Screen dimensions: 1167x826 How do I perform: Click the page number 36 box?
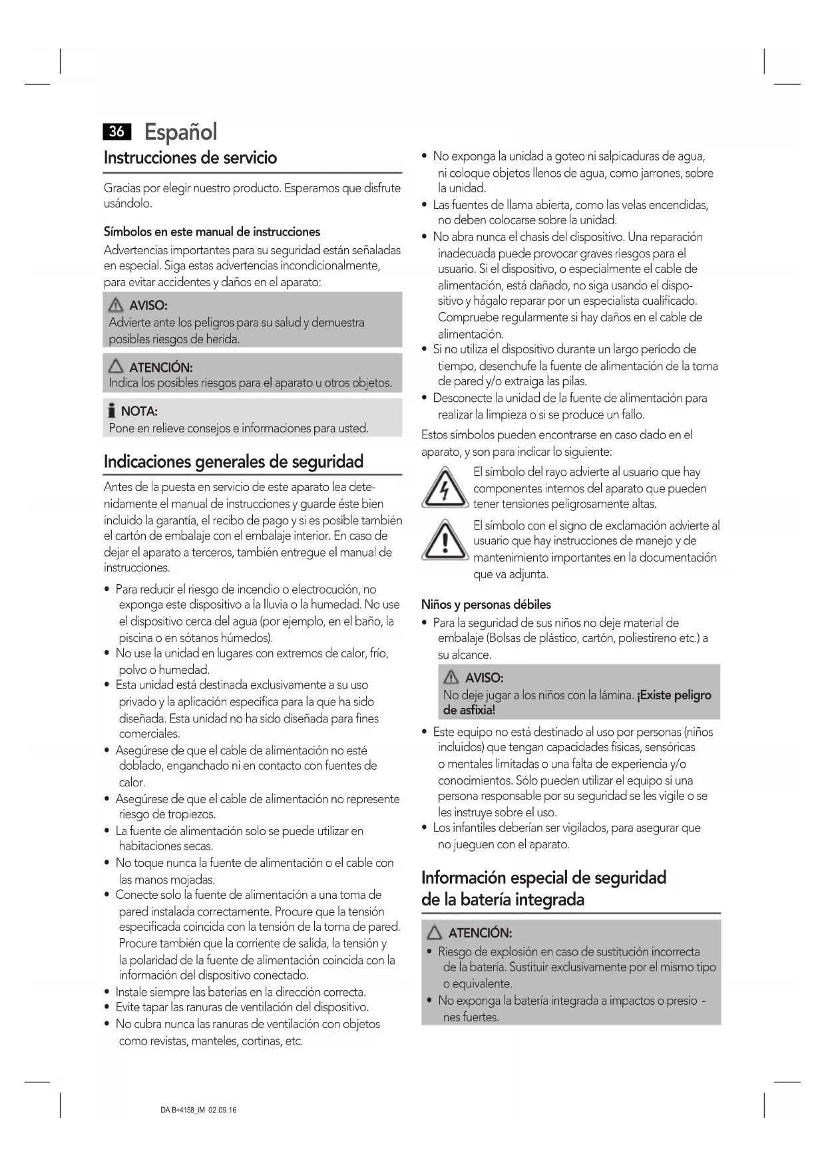[116, 132]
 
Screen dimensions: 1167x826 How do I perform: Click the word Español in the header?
[180, 132]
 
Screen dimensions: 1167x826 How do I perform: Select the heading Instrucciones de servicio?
[190, 158]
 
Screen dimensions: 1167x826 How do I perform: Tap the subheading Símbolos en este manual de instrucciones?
[212, 232]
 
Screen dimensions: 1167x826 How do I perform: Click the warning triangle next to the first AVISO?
[116, 305]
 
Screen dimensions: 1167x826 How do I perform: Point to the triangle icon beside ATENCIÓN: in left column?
[116, 367]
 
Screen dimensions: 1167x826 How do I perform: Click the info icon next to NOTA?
[112, 411]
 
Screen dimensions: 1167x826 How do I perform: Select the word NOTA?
[139, 411]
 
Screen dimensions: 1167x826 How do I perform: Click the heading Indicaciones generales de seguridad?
[234, 462]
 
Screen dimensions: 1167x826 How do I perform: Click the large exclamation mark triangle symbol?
[444, 541]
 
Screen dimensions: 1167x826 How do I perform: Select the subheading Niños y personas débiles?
[486, 605]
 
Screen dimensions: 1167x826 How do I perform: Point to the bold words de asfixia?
[469, 711]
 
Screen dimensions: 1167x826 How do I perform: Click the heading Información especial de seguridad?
[543, 878]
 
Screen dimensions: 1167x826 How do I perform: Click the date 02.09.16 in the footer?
[222, 1110]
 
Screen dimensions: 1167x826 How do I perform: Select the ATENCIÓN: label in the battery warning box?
[480, 933]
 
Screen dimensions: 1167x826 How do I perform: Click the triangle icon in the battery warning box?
[435, 933]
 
